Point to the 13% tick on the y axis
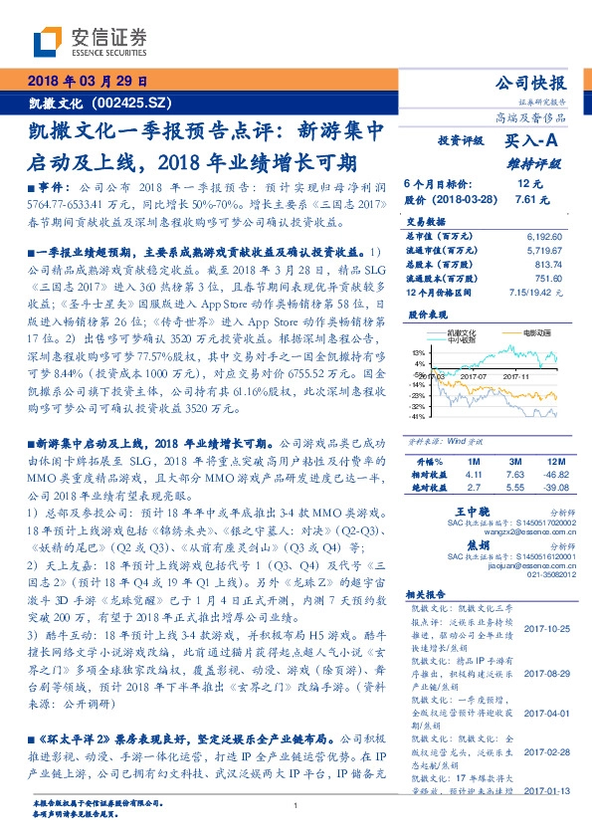(419, 352)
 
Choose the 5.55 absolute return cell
(514, 489)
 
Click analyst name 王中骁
(454, 509)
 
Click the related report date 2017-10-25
(544, 627)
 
